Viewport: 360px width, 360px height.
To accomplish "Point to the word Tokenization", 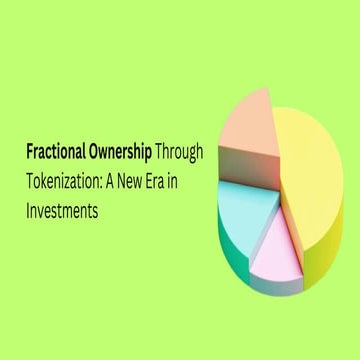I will tap(66, 183).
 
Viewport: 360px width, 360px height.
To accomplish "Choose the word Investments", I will tap(67, 211).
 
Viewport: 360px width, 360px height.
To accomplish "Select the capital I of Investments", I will tap(29, 211).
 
